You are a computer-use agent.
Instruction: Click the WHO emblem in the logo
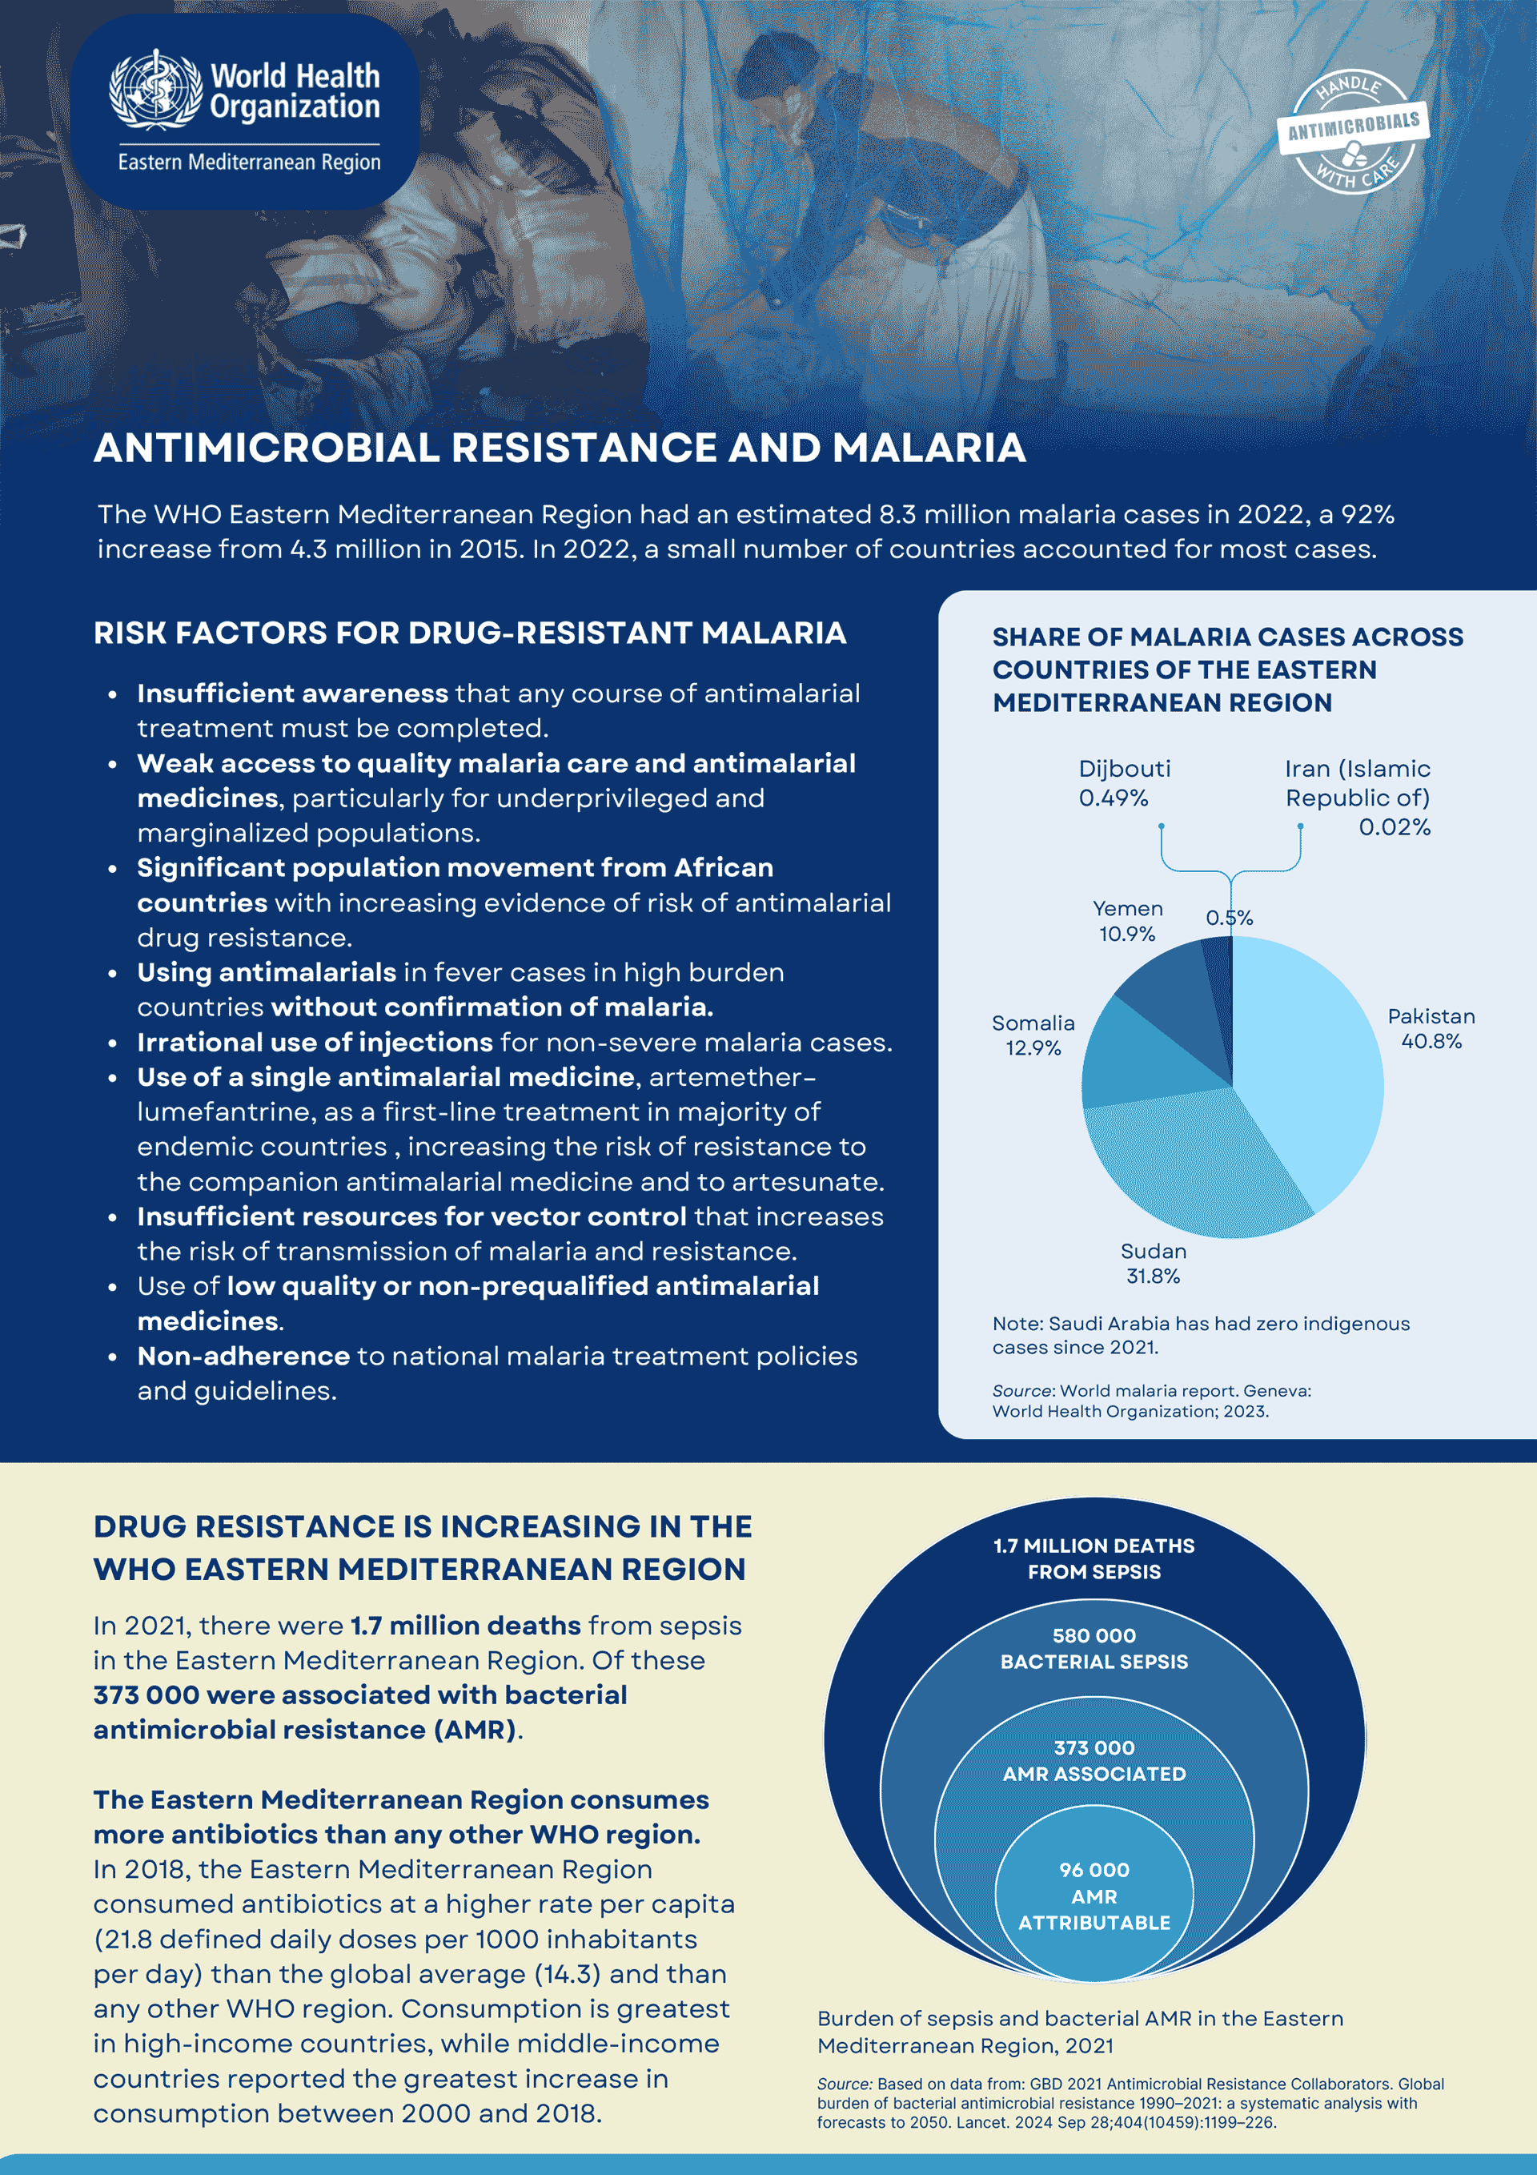[155, 90]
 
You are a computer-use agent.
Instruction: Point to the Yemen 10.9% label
[1127, 921]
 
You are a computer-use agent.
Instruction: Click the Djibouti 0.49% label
[1124, 782]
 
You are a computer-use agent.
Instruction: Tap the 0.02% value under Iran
[1394, 827]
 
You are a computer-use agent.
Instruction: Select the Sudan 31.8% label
[1153, 1264]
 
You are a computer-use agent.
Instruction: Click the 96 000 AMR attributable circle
[1094, 1896]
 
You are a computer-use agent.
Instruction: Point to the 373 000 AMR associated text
[1094, 1760]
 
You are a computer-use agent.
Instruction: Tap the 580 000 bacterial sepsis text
[1094, 1648]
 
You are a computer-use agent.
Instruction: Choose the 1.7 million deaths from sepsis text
[1094, 1558]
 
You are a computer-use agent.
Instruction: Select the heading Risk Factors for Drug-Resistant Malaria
[470, 633]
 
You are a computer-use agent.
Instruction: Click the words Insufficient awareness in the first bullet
[291, 694]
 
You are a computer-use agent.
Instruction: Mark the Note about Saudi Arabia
[1200, 1335]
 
